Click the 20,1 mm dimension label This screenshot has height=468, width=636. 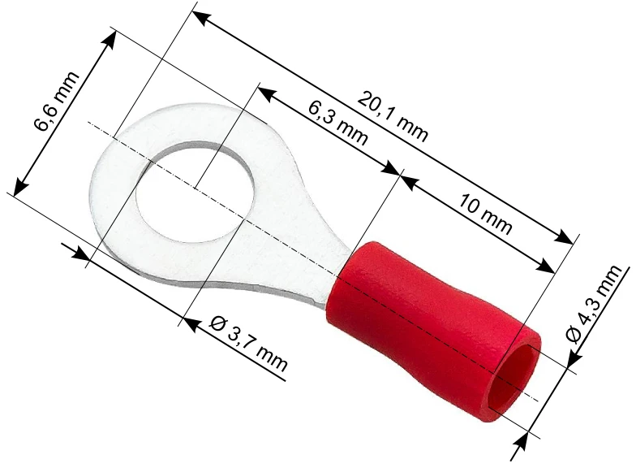(393, 117)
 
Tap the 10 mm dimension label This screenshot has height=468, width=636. (485, 214)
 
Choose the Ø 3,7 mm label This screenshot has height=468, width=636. (250, 344)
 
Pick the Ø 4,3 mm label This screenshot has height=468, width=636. (594, 304)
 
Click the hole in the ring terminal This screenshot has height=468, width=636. (196, 192)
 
